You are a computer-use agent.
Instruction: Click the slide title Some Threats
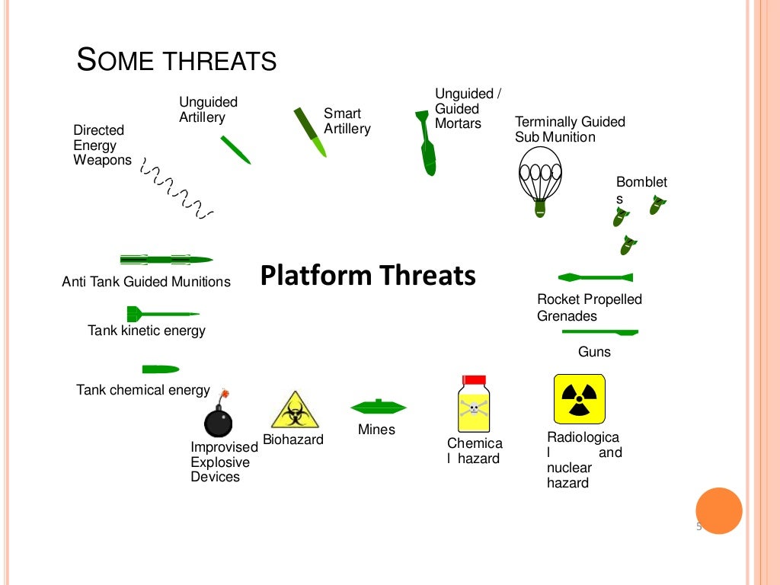[x=177, y=60]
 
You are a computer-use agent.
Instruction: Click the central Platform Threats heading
[x=368, y=276]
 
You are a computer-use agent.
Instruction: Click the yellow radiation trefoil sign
[x=579, y=398]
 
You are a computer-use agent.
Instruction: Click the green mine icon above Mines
[x=378, y=407]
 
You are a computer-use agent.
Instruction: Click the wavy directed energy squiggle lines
[x=177, y=190]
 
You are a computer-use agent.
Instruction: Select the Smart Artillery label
[x=347, y=121]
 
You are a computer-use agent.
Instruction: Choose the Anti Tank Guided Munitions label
[x=146, y=282]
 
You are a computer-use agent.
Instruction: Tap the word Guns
[x=594, y=352]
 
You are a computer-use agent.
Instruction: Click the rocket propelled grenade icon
[x=596, y=277]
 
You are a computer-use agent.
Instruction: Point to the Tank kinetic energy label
[x=146, y=331]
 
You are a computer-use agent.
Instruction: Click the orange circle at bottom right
[x=718, y=510]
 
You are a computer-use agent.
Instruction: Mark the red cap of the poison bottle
[x=474, y=379]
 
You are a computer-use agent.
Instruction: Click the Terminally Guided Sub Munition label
[x=569, y=129]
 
